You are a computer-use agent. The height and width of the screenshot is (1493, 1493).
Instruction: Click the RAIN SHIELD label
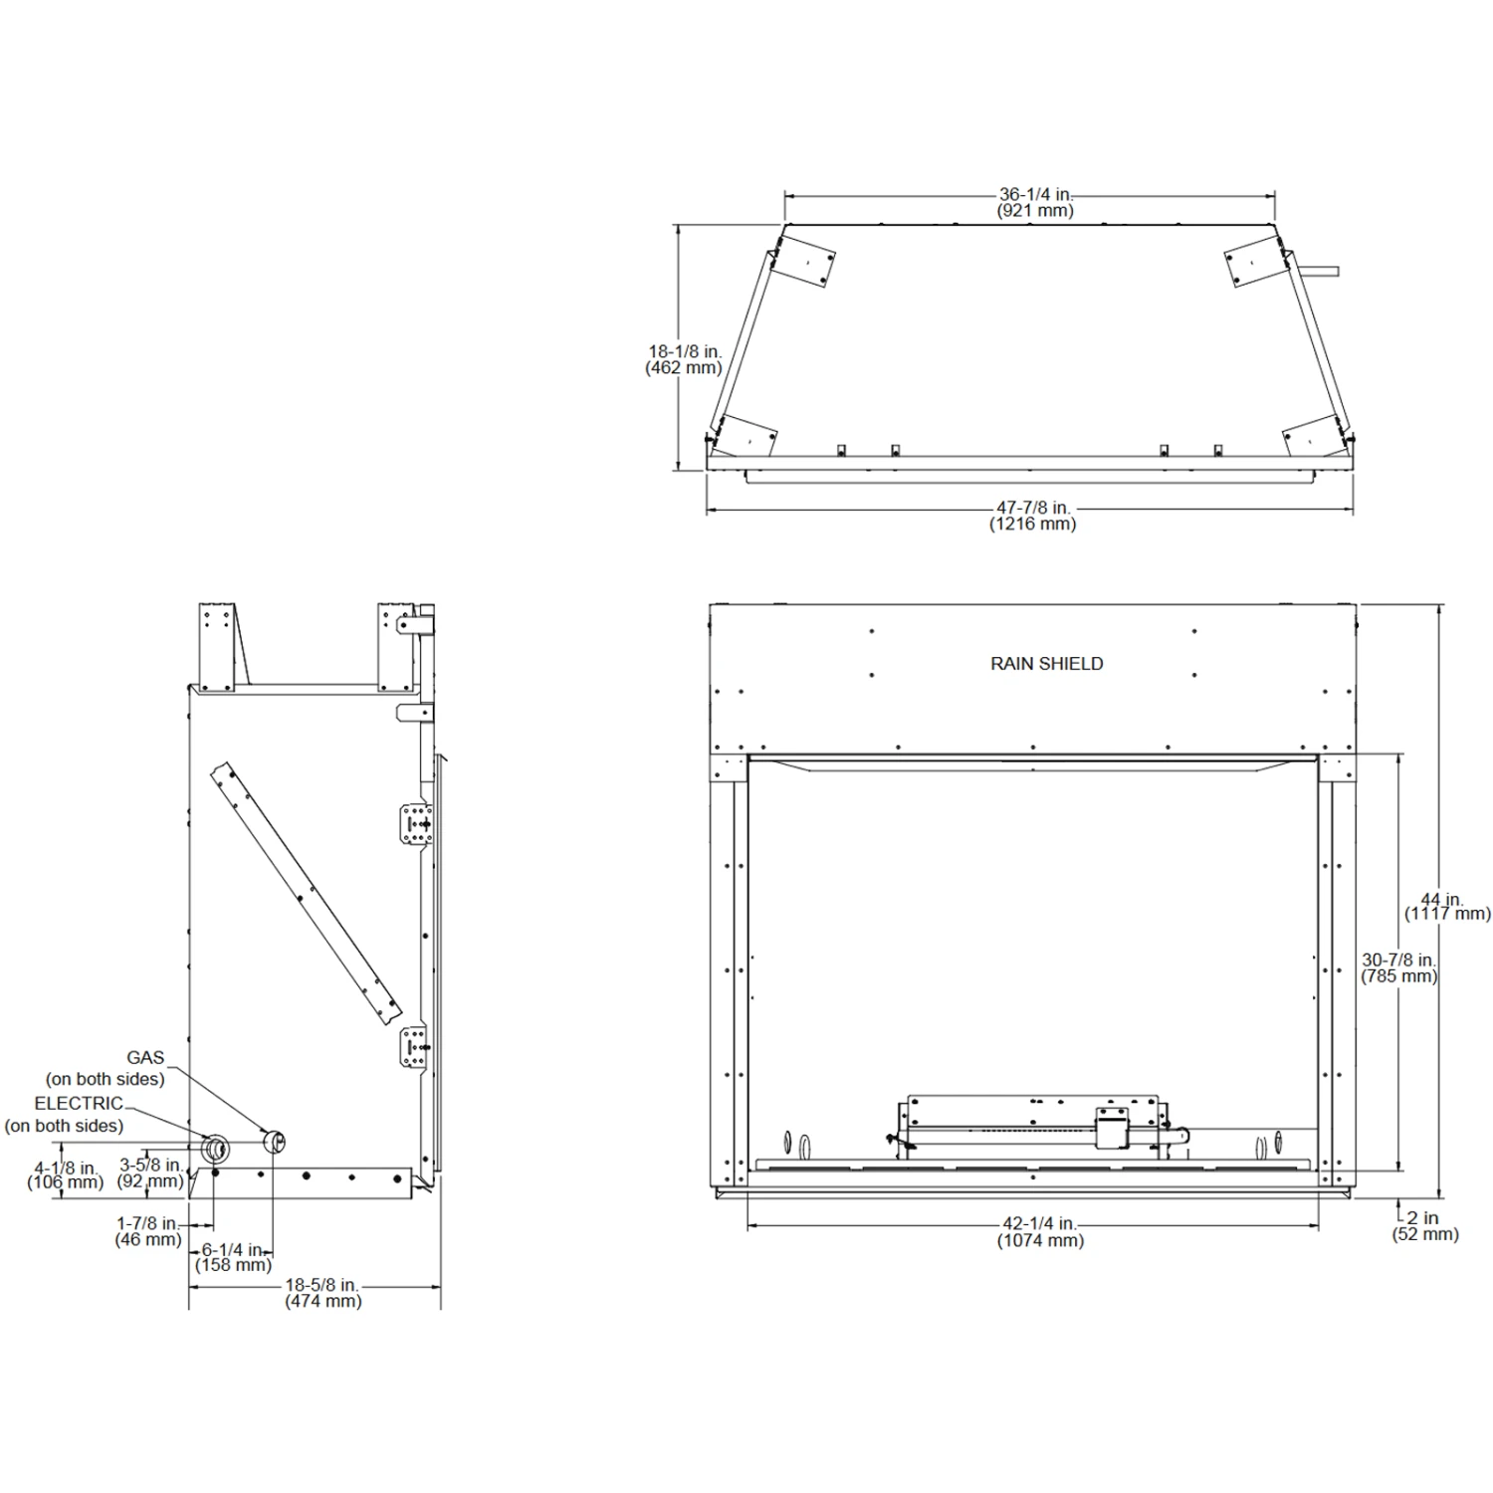tap(1046, 664)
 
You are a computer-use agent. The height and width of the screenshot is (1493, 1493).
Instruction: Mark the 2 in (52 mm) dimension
tap(1425, 1225)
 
